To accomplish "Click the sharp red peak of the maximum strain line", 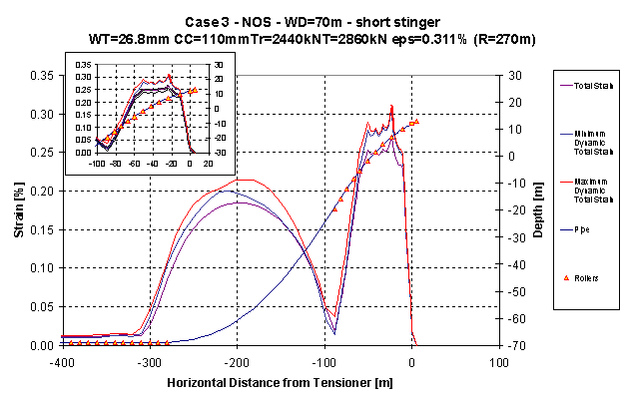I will tap(391, 105).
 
